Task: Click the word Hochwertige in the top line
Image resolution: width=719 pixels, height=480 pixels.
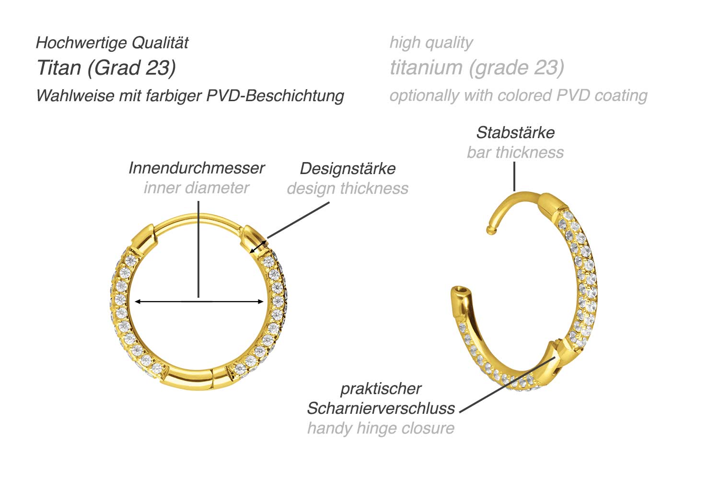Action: click(81, 43)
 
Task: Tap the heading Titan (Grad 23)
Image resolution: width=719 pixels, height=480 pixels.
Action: click(106, 68)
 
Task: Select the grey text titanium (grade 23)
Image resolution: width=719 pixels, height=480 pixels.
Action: click(477, 68)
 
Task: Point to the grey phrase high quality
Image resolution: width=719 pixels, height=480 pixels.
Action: click(431, 43)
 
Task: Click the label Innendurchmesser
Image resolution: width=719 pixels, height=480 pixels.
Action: click(197, 168)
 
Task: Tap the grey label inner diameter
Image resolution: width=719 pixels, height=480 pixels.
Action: click(197, 188)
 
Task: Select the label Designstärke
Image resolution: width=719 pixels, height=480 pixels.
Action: click(348, 169)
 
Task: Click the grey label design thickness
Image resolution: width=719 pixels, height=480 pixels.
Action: click(348, 188)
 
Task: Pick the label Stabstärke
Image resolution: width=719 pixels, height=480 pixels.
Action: click(515, 133)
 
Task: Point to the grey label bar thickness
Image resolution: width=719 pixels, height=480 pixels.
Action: click(515, 152)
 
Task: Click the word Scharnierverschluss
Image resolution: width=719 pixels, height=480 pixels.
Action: click(381, 409)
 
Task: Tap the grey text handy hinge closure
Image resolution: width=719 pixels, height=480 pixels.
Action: click(381, 428)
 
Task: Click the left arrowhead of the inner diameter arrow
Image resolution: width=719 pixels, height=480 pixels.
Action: click(137, 302)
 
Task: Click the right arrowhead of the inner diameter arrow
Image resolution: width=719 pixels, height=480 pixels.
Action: click(261, 302)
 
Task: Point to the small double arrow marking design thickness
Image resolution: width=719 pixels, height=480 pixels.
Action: click(258, 247)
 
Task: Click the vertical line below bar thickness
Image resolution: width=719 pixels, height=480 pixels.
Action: click(514, 176)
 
